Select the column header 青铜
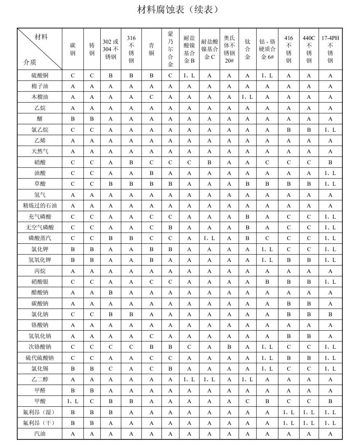151,49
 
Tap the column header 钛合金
247,49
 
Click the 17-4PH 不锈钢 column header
330,49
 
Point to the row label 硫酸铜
40,75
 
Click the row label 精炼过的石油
40,205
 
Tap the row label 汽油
40,433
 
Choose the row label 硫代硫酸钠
40,358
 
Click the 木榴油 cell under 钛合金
247,97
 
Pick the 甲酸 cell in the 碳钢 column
73,401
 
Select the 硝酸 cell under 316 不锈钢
131,162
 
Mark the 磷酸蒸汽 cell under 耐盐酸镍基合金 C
209,238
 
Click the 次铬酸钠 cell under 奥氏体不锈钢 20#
229,347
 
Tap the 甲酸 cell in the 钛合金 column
247,401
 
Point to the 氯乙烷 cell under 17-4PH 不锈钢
330,130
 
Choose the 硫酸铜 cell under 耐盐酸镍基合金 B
189,75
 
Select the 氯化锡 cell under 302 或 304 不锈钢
111,369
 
